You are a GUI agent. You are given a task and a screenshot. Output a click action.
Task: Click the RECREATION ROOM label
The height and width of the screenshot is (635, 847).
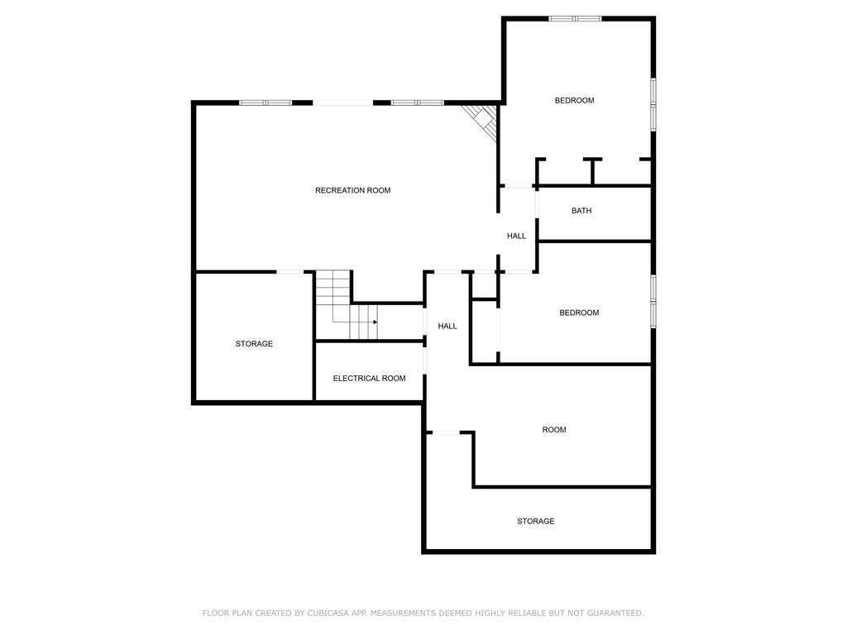point(352,191)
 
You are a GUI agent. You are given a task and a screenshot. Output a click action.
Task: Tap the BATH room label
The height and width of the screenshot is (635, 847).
point(581,211)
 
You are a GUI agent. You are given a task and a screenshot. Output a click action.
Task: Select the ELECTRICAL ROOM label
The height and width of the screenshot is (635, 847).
point(369,379)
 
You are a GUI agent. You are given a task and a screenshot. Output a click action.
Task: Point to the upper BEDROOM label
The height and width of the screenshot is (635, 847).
point(574,101)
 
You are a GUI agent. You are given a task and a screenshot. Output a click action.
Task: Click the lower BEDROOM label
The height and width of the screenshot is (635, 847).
point(579,313)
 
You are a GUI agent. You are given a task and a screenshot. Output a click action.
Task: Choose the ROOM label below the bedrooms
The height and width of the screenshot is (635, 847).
point(554,430)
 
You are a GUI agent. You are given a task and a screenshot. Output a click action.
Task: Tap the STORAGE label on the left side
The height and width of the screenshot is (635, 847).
point(254,344)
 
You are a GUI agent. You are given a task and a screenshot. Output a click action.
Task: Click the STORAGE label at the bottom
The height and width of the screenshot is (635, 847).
point(536,522)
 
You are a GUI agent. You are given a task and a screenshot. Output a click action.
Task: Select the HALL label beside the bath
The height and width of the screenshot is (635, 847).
point(516,236)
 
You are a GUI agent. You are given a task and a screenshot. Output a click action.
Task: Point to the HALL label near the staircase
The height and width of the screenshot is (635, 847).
point(447,327)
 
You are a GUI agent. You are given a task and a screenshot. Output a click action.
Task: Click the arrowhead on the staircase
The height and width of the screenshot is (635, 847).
point(375,322)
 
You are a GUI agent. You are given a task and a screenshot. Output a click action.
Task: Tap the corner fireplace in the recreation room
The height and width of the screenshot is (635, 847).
point(482,120)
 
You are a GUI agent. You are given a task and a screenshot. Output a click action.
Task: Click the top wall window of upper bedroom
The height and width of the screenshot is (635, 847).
point(576,18)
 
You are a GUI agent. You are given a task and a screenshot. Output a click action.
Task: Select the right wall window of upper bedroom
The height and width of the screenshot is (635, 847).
point(653,104)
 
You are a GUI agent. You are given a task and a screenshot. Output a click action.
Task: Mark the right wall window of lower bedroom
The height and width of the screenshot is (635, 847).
point(653,301)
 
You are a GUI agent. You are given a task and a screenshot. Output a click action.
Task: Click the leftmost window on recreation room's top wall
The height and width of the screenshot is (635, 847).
point(266,103)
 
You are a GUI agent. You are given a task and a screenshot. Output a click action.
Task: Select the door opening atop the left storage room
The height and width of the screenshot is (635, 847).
point(289,271)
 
